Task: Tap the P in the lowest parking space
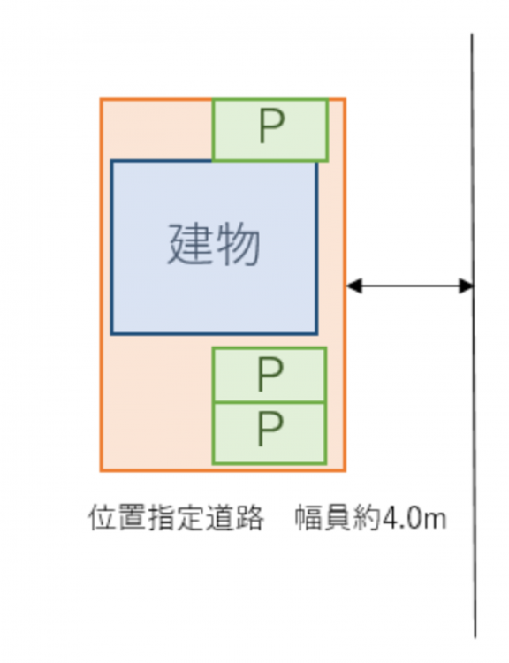(270, 429)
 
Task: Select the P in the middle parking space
(270, 374)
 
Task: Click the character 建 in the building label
(190, 244)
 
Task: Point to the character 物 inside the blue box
(238, 244)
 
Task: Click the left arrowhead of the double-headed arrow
(354, 286)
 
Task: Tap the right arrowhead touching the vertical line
(466, 286)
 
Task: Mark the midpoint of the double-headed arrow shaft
(410, 286)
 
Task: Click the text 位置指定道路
(176, 517)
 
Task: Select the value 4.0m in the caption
(414, 518)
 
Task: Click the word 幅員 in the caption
(323, 517)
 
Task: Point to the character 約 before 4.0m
(367, 517)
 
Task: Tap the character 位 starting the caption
(103, 517)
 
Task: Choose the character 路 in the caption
(250, 517)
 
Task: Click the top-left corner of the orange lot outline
(101, 99)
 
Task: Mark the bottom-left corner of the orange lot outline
(101, 470)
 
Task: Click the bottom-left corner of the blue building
(112, 334)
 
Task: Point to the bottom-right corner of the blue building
(316, 334)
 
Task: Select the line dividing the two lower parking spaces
(270, 402)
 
